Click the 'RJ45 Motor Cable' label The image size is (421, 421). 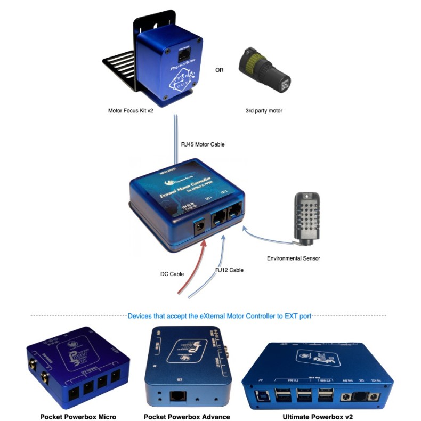point(204,144)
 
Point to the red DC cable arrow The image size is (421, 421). point(192,266)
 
